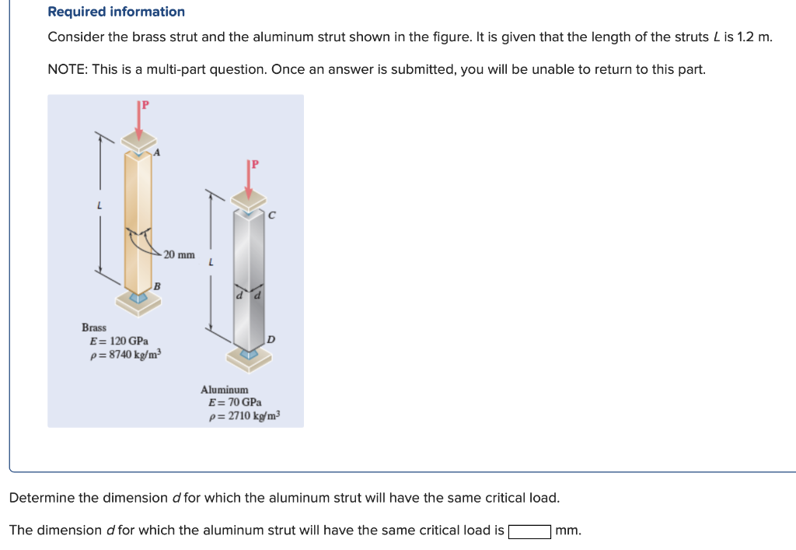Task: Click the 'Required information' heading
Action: click(x=117, y=12)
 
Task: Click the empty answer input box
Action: click(x=530, y=531)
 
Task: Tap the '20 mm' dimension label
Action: click(x=180, y=254)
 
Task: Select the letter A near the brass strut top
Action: click(x=157, y=153)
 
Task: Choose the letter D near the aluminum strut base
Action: click(x=270, y=339)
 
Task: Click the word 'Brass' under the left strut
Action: click(x=94, y=328)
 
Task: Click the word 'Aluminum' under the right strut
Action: click(x=225, y=389)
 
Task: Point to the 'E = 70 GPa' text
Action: click(x=235, y=402)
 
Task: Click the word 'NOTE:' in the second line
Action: click(x=68, y=69)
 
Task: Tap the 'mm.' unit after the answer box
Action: click(x=568, y=531)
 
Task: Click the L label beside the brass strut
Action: click(x=99, y=205)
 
